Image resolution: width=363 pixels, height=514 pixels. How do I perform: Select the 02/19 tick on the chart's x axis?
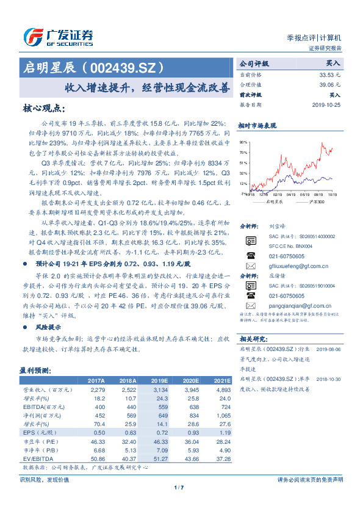(278, 195)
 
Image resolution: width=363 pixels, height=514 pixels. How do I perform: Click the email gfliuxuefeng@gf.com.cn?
(298, 266)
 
